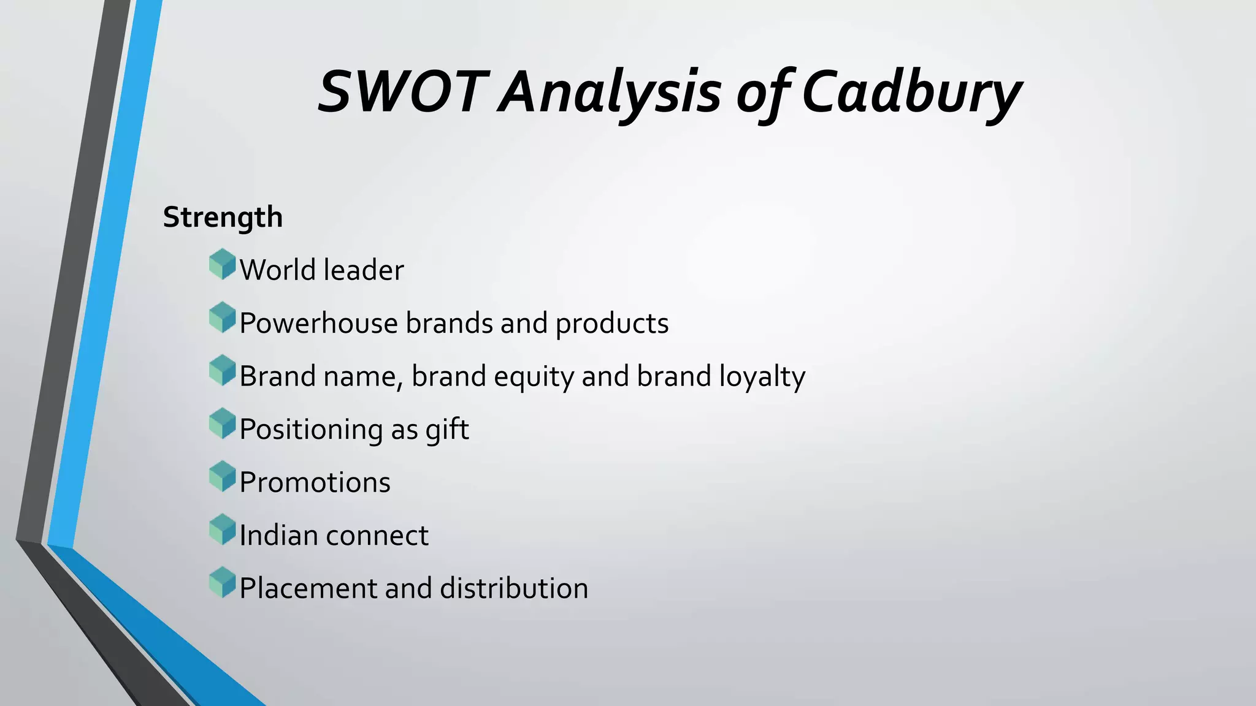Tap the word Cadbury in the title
(x=911, y=93)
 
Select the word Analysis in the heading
(x=610, y=93)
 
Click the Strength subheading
(x=223, y=218)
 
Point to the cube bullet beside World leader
(x=222, y=265)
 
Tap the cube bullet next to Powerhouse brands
(x=222, y=317)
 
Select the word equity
(x=533, y=377)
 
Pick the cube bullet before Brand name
(x=222, y=371)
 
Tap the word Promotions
(x=315, y=482)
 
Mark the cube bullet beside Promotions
(x=222, y=477)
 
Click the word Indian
(x=278, y=536)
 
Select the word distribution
(x=514, y=588)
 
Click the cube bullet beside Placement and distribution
(x=222, y=583)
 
